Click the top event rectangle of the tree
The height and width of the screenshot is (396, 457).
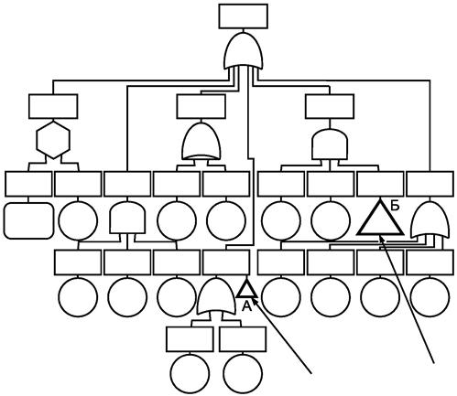pyautogui.click(x=244, y=16)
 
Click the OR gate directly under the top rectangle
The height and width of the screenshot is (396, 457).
pyautogui.click(x=244, y=51)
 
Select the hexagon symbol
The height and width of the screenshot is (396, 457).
pyautogui.click(x=53, y=140)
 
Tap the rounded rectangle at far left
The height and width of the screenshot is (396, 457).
pyautogui.click(x=29, y=220)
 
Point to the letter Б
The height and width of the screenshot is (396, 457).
pyautogui.click(x=395, y=206)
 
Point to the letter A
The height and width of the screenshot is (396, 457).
pyautogui.click(x=246, y=306)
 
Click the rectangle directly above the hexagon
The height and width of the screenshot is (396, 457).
pyautogui.click(x=53, y=106)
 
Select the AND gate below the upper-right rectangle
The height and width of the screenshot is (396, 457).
pyautogui.click(x=330, y=144)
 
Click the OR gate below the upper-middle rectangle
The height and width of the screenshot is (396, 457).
pyautogui.click(x=201, y=141)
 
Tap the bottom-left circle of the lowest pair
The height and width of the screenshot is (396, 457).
pyautogui.click(x=190, y=373)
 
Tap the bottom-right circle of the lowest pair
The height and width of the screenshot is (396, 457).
pyautogui.click(x=243, y=373)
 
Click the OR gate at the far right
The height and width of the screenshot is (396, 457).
pyautogui.click(x=430, y=219)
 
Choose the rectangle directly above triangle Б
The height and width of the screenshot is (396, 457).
pyautogui.click(x=380, y=184)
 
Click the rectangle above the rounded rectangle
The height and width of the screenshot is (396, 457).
pyautogui.click(x=28, y=184)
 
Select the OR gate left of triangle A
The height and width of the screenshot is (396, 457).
pyautogui.click(x=216, y=296)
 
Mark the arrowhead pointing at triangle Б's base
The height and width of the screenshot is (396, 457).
pyautogui.click(x=382, y=239)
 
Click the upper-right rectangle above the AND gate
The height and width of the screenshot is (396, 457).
pyautogui.click(x=330, y=106)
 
